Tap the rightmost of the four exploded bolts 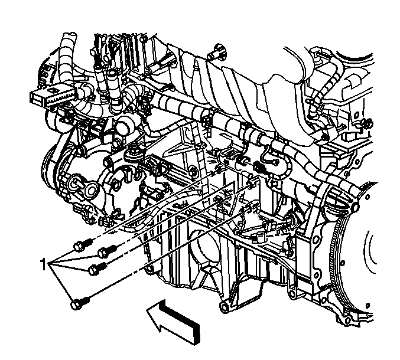[107, 250]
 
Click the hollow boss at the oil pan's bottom [225, 307]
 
